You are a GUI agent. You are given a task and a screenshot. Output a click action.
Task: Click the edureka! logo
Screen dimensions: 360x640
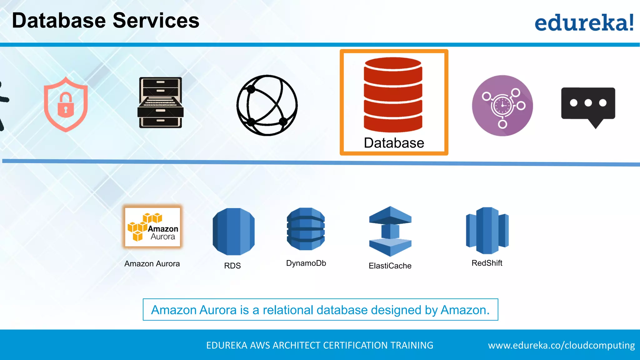coord(584,22)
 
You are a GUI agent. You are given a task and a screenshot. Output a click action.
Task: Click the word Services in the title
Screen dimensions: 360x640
coord(156,21)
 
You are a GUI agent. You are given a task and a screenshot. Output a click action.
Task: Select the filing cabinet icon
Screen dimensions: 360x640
coord(160,102)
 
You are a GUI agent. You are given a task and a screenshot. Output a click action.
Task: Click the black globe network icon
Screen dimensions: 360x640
coord(267,105)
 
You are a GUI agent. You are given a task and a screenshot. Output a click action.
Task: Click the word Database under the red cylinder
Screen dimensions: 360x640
coord(394,143)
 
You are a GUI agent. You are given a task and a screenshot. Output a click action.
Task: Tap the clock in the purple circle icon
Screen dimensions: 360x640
coord(502,106)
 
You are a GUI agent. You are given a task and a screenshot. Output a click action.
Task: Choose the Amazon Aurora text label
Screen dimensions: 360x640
coord(152,264)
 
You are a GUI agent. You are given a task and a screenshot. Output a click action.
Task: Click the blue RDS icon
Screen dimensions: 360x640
coord(233,231)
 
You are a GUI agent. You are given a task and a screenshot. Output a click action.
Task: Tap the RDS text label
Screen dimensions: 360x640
coord(232,266)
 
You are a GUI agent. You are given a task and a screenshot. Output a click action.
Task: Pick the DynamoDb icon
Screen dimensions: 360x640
coord(306,229)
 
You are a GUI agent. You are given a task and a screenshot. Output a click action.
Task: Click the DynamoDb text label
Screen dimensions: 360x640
coord(306,263)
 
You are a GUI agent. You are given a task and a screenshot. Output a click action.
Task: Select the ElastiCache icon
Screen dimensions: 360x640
coord(390,231)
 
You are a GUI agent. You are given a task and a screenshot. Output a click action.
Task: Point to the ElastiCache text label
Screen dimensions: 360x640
coord(390,266)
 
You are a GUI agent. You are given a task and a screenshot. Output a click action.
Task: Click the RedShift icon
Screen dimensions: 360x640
coord(487,231)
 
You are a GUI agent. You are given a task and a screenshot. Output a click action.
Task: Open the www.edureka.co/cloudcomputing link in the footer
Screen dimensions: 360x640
coord(561,345)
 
